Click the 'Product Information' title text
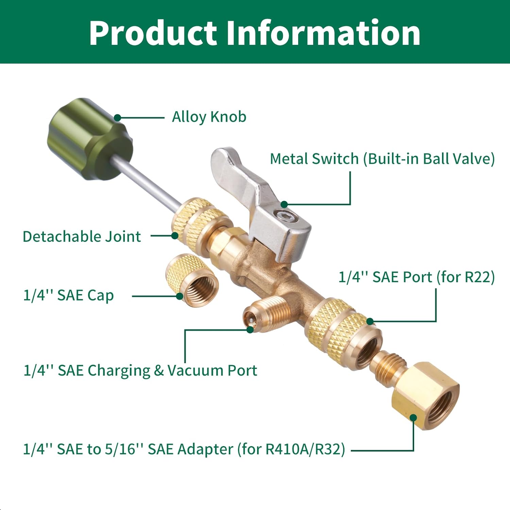pyautogui.click(x=255, y=33)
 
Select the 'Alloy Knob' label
pyautogui.click(x=209, y=117)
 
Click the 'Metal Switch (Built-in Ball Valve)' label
pyautogui.click(x=382, y=159)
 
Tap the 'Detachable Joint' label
pyautogui.click(x=82, y=237)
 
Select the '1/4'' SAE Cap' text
pyautogui.click(x=68, y=295)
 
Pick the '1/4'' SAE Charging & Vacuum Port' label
pyautogui.click(x=140, y=370)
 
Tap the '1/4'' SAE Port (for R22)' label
pyautogui.click(x=416, y=277)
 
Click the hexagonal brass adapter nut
pyautogui.click(x=425, y=396)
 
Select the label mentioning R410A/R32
pyautogui.click(x=184, y=449)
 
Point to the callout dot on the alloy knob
pyautogui.click(x=117, y=118)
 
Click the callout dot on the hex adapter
pyautogui.click(x=413, y=418)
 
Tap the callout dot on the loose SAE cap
pyautogui.click(x=180, y=296)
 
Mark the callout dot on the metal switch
pyautogui.click(x=284, y=204)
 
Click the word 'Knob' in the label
pyautogui.click(x=228, y=117)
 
